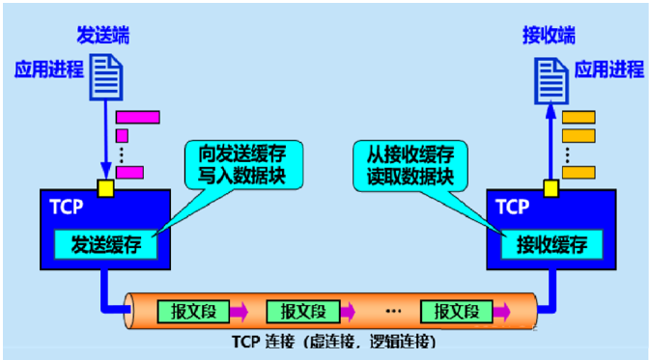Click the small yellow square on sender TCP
tap(105, 186)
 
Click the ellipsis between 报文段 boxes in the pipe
tap(392, 311)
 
